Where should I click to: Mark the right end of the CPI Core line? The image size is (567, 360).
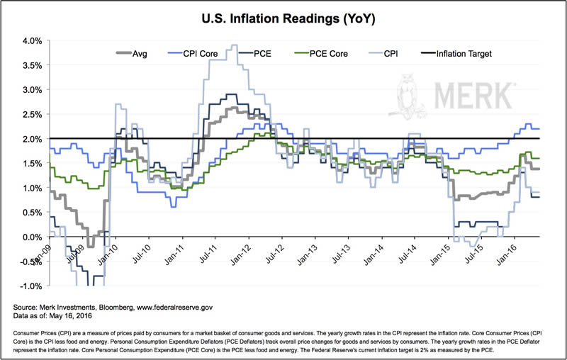point(541,128)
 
